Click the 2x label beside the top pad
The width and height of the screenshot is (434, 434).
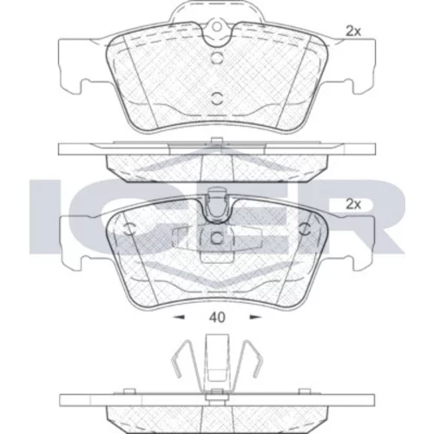(x=353, y=31)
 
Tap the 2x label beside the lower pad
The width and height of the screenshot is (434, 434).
(x=353, y=205)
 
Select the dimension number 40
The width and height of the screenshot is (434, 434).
(x=217, y=318)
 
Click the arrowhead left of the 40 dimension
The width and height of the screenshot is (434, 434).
(x=179, y=318)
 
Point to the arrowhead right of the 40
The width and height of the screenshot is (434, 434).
(x=255, y=318)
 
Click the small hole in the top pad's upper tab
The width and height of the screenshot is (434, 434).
(x=217, y=27)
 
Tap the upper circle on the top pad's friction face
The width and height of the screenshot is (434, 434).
(x=217, y=57)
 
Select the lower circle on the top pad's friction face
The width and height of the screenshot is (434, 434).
(x=217, y=98)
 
